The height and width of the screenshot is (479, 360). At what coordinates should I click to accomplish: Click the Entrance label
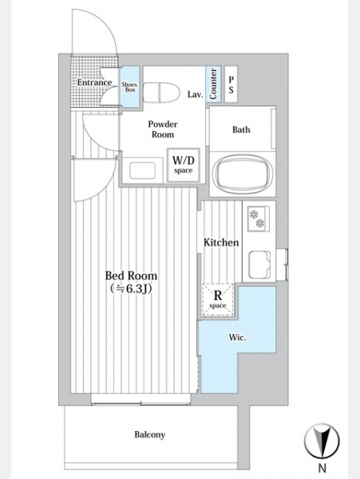94,82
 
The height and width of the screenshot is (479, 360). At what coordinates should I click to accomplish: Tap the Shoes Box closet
129,87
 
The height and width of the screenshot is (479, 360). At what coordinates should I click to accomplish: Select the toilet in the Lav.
161,93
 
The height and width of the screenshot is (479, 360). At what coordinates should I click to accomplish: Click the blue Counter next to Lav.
213,84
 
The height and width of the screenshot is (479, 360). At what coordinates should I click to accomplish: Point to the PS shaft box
231,85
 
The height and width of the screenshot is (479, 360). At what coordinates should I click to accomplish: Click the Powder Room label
163,129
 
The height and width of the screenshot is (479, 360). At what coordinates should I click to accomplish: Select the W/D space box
184,165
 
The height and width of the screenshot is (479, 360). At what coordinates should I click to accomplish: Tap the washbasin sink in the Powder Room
142,170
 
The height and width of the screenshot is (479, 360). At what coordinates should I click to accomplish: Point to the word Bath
241,129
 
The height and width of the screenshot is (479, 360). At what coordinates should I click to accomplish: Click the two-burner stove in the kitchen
259,219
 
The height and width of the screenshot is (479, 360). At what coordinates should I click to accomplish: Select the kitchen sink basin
259,264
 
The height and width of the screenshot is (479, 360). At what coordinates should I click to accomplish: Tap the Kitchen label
221,243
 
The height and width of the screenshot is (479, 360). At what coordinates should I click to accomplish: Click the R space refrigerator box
218,299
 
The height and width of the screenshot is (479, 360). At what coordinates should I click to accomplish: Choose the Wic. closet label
237,338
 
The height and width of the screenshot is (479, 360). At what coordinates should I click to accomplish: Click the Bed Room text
131,275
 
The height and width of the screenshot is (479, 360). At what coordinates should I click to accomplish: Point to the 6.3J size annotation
131,289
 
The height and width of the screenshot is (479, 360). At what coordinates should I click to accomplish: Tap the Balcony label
150,434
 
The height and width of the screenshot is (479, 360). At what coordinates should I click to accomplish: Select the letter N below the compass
322,467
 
